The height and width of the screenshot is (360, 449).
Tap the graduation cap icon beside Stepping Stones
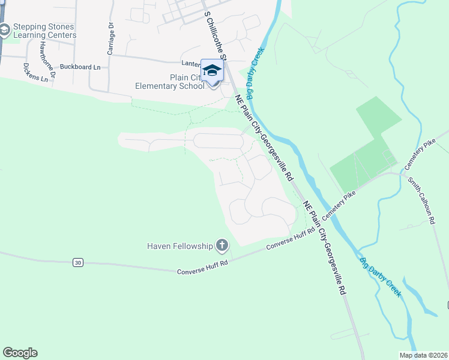(x=5, y=29)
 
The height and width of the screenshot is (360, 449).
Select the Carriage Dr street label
(x=111, y=38)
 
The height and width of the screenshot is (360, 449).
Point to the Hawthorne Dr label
(x=47, y=61)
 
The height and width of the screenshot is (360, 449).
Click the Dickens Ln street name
(x=35, y=73)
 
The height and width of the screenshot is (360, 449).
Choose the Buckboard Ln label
(x=80, y=67)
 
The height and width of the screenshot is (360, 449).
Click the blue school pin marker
(x=212, y=71)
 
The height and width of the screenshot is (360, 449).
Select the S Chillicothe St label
(x=215, y=35)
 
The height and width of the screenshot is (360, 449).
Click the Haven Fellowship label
(x=180, y=246)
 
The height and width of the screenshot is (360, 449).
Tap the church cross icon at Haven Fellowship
(x=222, y=245)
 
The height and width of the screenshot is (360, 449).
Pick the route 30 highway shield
(x=77, y=262)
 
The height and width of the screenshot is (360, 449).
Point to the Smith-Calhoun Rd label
(x=421, y=200)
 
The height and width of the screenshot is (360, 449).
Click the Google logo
(x=20, y=353)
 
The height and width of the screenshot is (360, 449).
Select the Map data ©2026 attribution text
(x=423, y=355)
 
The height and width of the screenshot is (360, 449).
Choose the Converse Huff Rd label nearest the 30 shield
(x=202, y=268)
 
